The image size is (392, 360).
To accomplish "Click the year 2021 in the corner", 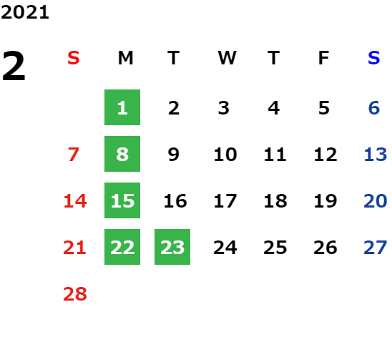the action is coord(25,12).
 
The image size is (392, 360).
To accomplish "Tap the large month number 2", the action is coord(14,66).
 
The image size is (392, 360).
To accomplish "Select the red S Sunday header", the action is coord(73,58).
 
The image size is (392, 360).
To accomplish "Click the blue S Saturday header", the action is coord(373,58).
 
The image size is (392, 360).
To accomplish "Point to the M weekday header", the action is coord(125,58).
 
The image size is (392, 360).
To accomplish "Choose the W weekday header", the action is coord(227,58).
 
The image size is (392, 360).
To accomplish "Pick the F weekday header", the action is coord(324,58).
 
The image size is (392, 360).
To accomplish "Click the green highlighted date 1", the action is coord(122,107).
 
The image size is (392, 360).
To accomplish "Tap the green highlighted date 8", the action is coord(122,154).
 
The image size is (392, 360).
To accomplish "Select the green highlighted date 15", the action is coord(122,200).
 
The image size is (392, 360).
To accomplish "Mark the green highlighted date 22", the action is coord(122,247).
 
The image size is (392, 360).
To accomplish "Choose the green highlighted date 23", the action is coord(172,247).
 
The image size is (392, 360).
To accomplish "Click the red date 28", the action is coord(75,294).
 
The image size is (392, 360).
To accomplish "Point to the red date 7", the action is coord(74,155).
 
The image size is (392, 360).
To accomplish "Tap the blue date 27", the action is coord(376,248).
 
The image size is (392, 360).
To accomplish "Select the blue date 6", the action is coord(374,108).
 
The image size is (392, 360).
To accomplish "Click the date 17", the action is coord(225,201).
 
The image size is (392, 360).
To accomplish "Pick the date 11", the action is coord(275,155).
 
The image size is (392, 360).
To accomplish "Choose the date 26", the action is coord(325,248).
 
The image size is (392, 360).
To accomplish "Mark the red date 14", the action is coord(75,201).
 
